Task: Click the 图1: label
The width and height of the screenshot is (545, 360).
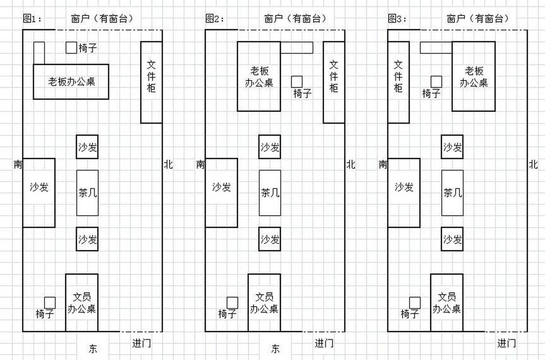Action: [32, 19]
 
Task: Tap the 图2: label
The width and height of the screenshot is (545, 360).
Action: [215, 19]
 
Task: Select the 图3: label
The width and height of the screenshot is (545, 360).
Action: [397, 19]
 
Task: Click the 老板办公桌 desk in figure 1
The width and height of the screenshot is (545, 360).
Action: [71, 82]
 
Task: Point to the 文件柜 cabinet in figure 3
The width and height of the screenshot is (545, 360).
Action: [399, 82]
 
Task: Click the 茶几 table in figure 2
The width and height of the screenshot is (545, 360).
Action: [270, 193]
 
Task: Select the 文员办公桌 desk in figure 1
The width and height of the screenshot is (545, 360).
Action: [82, 302]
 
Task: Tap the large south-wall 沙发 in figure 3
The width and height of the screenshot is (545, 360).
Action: [404, 193]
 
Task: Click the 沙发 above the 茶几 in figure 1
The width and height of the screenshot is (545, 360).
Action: [87, 147]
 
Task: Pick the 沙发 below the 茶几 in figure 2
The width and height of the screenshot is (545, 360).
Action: [270, 239]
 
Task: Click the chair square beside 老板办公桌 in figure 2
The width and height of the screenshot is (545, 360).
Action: [297, 82]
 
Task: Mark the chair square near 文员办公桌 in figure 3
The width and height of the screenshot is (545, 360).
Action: [415, 303]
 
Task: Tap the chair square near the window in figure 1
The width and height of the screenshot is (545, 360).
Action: [71, 48]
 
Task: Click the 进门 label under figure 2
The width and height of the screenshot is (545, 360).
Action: [324, 343]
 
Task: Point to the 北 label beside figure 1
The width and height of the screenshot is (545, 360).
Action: [168, 165]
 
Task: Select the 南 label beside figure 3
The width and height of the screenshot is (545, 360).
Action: [383, 165]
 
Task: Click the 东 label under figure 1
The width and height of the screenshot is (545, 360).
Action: [93, 349]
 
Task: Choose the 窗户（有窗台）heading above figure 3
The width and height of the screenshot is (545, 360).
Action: [478, 19]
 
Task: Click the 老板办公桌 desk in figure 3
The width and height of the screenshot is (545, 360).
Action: [474, 76]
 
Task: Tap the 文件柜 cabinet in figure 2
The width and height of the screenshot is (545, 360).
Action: [334, 82]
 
